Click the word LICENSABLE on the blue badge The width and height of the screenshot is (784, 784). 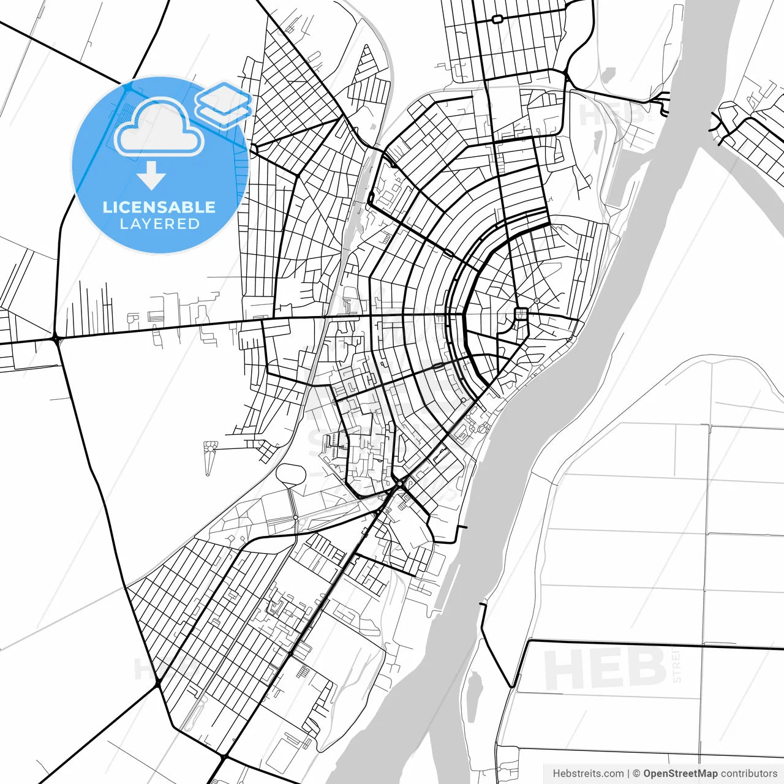point(159,207)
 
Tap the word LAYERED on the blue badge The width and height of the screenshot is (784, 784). point(159,224)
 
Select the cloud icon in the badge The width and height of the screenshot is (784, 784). point(159,129)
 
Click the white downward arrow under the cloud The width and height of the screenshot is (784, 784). point(151,177)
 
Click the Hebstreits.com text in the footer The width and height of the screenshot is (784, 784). point(588,774)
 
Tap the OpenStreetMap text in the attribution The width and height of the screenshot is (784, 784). point(680,774)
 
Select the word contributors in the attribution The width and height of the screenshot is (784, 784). point(748,774)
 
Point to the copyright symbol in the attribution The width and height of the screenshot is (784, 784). point(636,774)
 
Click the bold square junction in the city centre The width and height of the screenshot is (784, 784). point(521,314)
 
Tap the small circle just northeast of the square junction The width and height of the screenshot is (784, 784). point(537,301)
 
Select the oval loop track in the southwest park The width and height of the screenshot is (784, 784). point(291,475)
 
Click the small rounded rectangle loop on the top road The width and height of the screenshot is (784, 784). point(497,20)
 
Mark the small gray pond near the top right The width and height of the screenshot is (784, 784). point(608,75)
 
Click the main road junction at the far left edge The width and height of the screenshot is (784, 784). point(56,338)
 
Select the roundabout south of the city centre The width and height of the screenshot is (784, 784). point(400,484)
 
